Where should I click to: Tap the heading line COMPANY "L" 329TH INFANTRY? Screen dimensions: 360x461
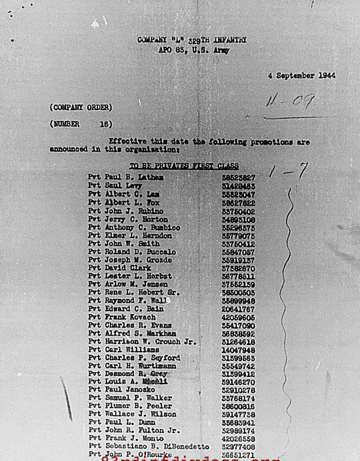click(x=191, y=40)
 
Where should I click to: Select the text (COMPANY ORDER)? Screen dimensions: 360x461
click(x=81, y=107)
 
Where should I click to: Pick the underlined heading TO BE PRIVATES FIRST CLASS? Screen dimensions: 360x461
click(x=184, y=166)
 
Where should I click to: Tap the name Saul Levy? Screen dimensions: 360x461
click(x=119, y=185)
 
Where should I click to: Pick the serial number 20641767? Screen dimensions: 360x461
click(x=238, y=309)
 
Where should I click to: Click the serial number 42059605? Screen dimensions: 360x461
click(x=238, y=317)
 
